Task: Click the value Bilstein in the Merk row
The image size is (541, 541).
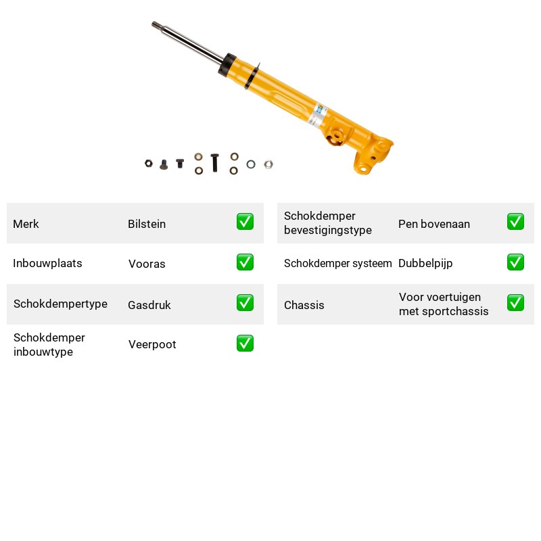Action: coord(147,224)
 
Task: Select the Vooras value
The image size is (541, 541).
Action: coord(147,264)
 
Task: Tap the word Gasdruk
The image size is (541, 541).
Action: coord(149,305)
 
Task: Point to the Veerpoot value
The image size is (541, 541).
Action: coord(152,344)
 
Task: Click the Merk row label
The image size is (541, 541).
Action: coord(26,224)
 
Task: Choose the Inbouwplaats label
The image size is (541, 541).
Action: coord(47,263)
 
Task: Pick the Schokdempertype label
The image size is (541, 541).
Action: coord(60,304)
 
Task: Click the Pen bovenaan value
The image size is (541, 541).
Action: coord(434,224)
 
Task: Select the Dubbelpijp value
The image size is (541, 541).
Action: coord(425,264)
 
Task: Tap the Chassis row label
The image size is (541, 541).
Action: coord(304,305)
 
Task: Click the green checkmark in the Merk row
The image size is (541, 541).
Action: coord(245,222)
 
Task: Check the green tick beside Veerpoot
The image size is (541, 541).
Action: coord(245,344)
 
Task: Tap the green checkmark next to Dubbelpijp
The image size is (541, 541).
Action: coord(515,262)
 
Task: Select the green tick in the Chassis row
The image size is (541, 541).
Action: coord(515,302)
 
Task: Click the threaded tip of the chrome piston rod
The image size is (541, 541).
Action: coord(156,24)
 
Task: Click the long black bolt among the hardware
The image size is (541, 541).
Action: coord(214,162)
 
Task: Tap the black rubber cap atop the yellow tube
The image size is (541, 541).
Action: coord(227,65)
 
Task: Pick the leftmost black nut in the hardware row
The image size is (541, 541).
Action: coord(149,163)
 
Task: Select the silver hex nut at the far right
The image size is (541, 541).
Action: coord(268,164)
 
